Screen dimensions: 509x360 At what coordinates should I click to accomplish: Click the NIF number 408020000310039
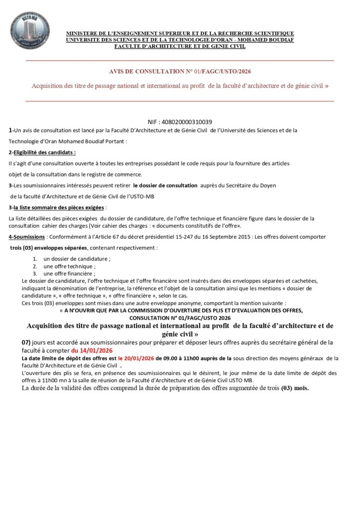pos(180,122)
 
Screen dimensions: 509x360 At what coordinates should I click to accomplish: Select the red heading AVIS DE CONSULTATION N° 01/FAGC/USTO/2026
pos(180,71)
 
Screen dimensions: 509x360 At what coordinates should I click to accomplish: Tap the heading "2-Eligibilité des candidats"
pos(42,152)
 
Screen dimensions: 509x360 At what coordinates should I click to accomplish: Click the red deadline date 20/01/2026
pos(140,358)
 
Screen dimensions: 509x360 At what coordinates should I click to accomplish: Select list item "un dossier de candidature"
pos(77,259)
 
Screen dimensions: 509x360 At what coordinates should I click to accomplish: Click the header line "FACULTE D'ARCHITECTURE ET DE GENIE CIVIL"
pos(180,46)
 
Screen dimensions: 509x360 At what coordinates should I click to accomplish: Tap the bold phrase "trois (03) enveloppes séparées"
pos(49,248)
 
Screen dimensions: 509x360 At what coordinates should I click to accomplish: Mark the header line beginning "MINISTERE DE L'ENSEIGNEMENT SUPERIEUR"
pos(180,33)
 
